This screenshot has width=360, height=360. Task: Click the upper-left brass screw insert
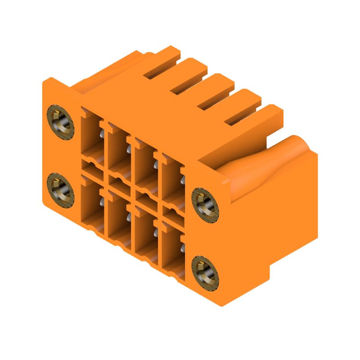[60, 122]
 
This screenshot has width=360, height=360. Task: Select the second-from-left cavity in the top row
[118, 146]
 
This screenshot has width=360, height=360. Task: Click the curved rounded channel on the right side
[265, 162]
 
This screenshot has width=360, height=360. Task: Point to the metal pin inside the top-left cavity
[103, 134]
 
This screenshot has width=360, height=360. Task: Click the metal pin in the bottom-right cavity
[183, 248]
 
